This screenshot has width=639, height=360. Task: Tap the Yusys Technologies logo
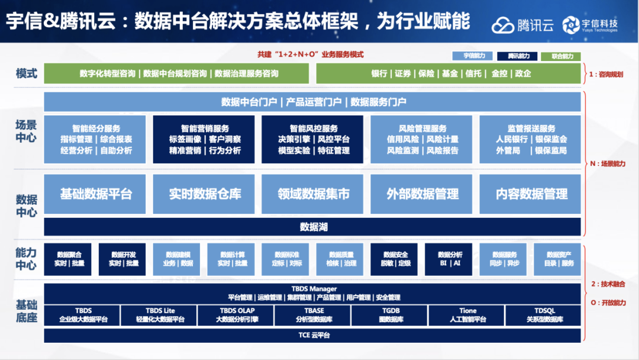[571, 24]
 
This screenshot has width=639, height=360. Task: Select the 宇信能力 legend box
[472, 56]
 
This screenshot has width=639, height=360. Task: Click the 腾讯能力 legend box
[517, 56]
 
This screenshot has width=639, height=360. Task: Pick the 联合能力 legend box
[560, 56]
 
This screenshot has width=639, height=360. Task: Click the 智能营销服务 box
[204, 139]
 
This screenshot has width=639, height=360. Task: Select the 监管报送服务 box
[531, 139]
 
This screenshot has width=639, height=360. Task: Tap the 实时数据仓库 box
[204, 194]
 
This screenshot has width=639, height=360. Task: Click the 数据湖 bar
[313, 227]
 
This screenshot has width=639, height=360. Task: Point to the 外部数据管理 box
[422, 194]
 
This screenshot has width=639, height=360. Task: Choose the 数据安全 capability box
[395, 259]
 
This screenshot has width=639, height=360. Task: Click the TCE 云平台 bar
[313, 335]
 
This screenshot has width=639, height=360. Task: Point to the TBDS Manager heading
[313, 289]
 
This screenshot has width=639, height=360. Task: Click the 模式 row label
[27, 74]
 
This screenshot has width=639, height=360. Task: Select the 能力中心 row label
[27, 259]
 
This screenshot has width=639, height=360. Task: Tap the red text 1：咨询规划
[606, 75]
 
